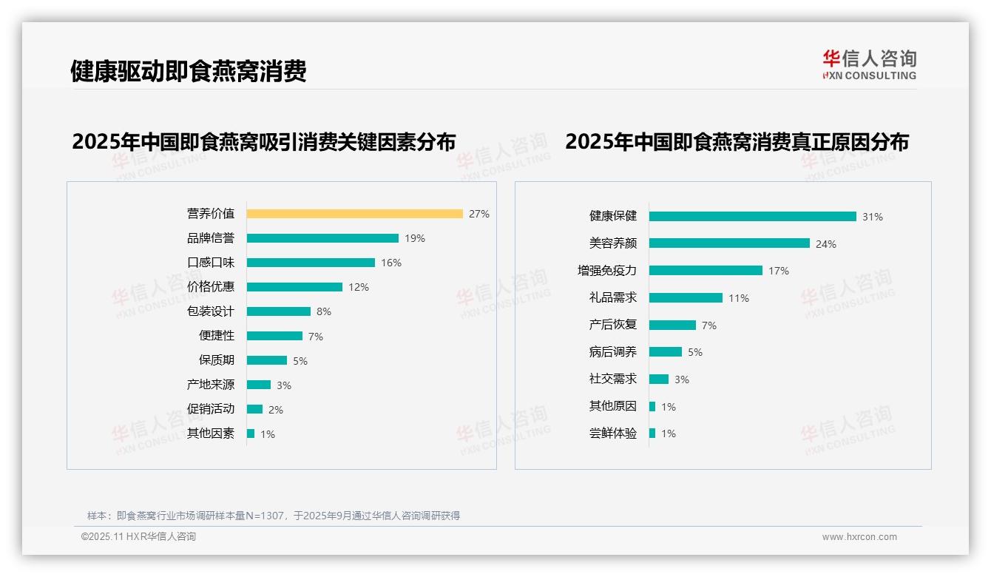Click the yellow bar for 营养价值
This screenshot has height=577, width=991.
pyautogui.click(x=354, y=214)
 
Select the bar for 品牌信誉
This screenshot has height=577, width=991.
pyautogui.click(x=322, y=238)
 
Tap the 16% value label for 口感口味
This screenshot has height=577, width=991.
pyautogui.click(x=391, y=263)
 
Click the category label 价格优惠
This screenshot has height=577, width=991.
pyautogui.click(x=211, y=286)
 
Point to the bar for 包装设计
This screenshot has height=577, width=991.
pyautogui.click(x=279, y=311)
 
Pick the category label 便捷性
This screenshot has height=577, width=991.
pyautogui.click(x=217, y=335)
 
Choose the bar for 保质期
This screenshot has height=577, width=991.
pyautogui.click(x=267, y=360)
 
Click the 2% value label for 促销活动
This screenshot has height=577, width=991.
pyautogui.click(x=275, y=410)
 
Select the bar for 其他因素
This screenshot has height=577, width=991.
pyautogui.click(x=251, y=433)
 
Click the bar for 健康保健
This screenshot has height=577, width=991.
pyautogui.click(x=752, y=217)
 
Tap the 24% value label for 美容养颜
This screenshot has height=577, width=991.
pyautogui.click(x=825, y=244)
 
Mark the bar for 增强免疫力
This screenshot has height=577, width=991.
pyautogui.click(x=706, y=271)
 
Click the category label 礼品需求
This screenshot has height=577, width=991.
pyautogui.click(x=613, y=297)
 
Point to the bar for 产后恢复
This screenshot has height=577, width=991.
pyautogui.click(x=672, y=325)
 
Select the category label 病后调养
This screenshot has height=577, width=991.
pyautogui.click(x=613, y=351)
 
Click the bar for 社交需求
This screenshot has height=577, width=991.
pyautogui.click(x=659, y=379)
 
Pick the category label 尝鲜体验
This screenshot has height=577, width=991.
pyautogui.click(x=613, y=433)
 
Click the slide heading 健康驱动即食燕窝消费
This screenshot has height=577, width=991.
pyautogui.click(x=188, y=71)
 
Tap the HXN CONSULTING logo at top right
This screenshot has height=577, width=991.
pyautogui.click(x=869, y=64)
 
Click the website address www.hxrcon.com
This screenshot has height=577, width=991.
pyautogui.click(x=859, y=537)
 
